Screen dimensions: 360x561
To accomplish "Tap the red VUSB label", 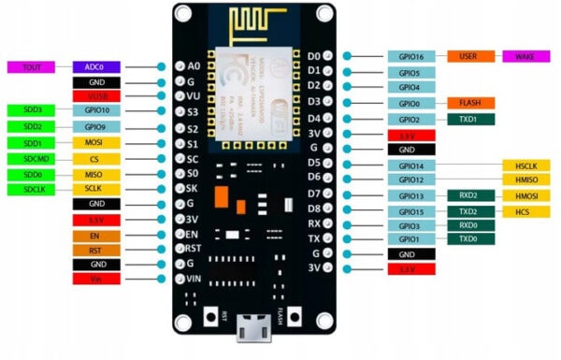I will tap(96, 96).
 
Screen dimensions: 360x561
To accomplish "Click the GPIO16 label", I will tap(410, 57).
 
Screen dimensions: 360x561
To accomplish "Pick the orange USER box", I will tap(468, 57).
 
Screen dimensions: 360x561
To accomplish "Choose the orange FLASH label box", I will tap(468, 103).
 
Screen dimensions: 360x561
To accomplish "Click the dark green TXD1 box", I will tap(468, 119).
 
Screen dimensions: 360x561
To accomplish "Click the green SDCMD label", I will tap(30, 158).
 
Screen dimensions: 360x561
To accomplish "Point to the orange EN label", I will tap(96, 235).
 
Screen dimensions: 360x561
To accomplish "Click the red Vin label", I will tap(96, 279).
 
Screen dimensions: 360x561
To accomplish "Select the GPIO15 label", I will tap(410, 211).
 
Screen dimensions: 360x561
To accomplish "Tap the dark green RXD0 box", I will tap(468, 225).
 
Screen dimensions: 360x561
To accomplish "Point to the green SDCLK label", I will tap(30, 189).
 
